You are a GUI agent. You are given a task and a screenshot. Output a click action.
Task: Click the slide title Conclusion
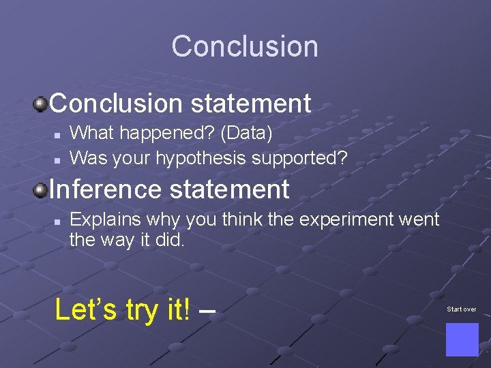(245, 46)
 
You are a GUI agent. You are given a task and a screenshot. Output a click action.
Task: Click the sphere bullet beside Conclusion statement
(41, 104)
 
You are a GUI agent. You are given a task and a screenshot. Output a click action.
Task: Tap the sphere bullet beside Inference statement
(41, 189)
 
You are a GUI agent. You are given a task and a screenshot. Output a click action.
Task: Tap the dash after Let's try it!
(208, 311)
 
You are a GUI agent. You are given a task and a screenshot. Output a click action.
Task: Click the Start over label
(462, 309)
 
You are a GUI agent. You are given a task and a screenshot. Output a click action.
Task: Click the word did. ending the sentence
(170, 240)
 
